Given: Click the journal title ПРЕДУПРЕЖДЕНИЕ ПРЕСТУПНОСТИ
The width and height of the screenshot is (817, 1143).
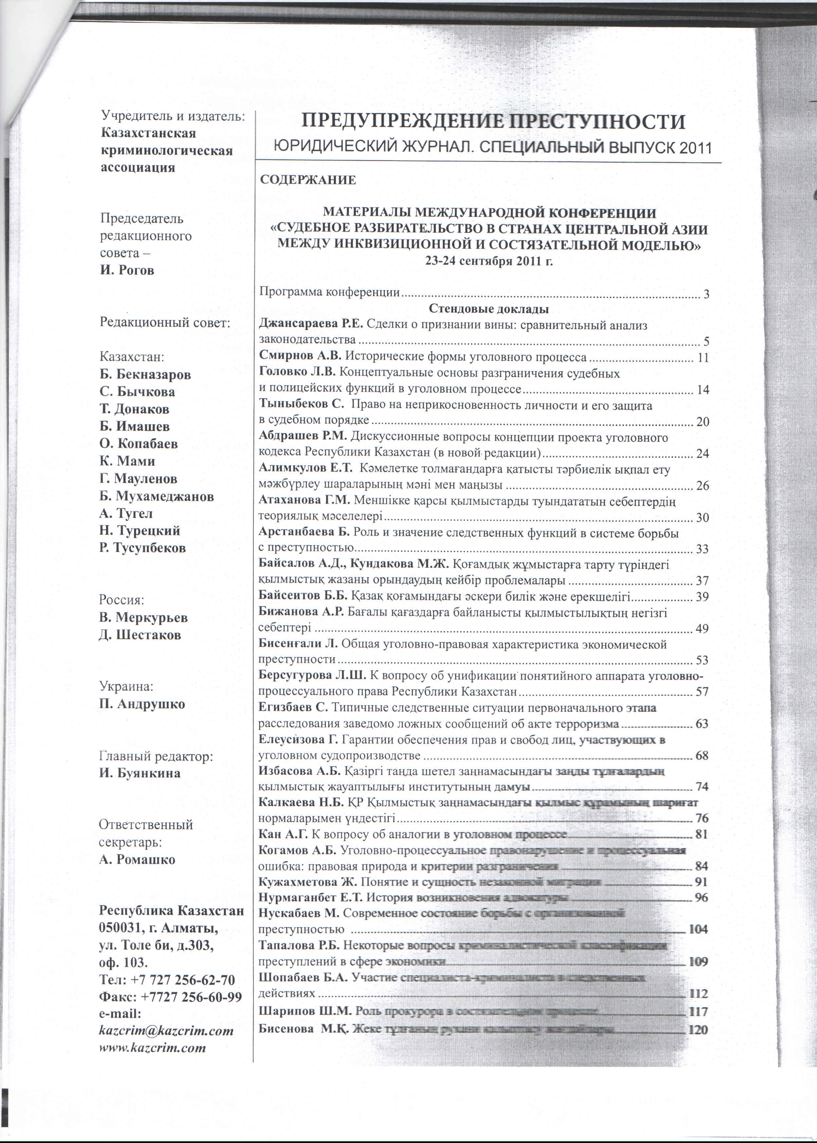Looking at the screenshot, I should point(493,122).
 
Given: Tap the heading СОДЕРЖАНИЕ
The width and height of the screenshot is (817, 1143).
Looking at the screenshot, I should point(308,180).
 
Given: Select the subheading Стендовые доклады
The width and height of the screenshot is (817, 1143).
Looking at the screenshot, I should point(488,309).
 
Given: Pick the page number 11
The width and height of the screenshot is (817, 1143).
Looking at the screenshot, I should point(702,358).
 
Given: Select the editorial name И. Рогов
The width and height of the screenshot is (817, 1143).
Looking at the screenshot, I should point(127,270).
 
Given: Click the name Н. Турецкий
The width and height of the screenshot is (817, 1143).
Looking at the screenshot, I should point(139,530).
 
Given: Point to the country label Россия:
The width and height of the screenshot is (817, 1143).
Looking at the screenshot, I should point(121,600).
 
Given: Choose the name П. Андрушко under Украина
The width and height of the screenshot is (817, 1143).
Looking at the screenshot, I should point(142,704).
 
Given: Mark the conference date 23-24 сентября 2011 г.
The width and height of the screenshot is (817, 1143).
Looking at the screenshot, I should point(488,261).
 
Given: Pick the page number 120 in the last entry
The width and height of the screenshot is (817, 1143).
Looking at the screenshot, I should point(698,1030).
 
